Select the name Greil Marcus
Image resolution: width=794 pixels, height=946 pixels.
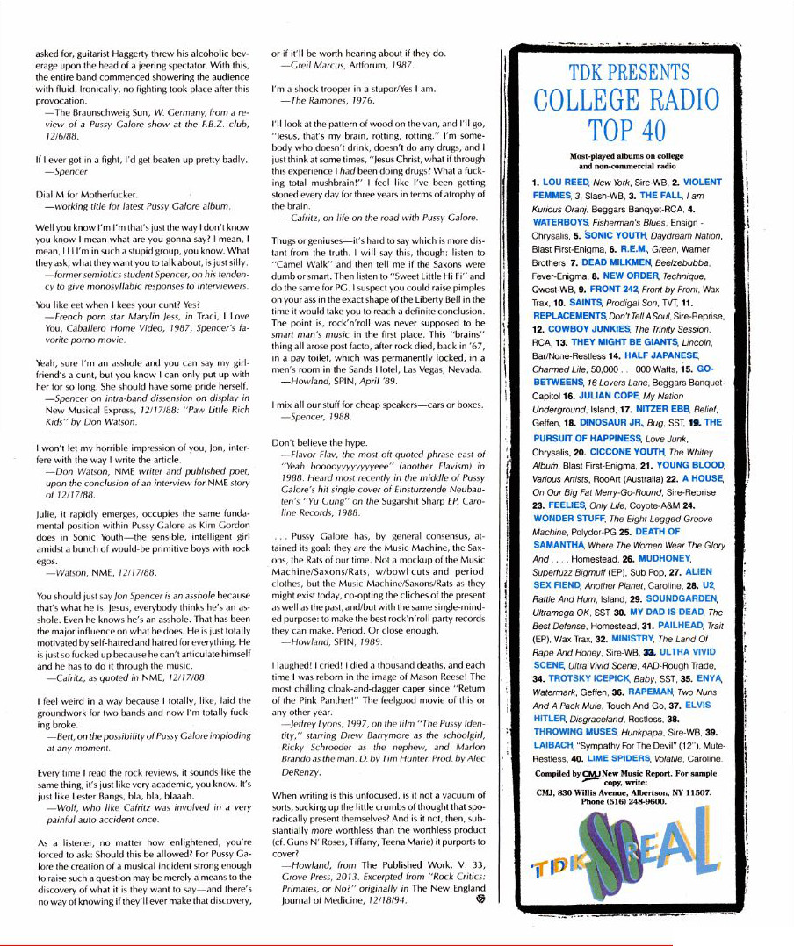[x=307, y=65]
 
